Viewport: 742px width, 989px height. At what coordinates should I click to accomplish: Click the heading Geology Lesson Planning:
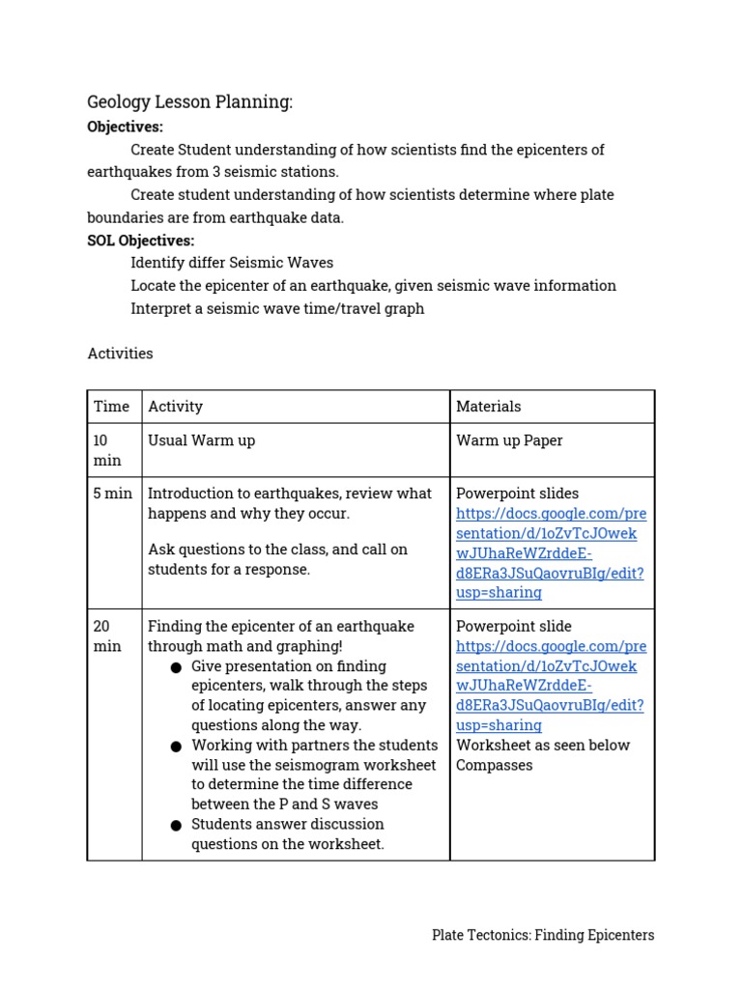pos(189,102)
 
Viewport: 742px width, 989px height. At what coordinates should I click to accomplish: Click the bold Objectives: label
pos(125,127)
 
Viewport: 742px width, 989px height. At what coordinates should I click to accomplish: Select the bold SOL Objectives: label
pos(140,240)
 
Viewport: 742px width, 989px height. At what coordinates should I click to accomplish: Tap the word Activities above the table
pos(120,353)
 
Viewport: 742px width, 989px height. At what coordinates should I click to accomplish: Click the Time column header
pos(111,407)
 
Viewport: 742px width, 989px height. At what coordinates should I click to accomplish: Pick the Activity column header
pos(175,407)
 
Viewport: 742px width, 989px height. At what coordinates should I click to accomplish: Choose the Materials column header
pos(488,407)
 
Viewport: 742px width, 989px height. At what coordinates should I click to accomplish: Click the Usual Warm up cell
pos(201,440)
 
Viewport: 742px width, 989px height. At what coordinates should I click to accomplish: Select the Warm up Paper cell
pos(509,440)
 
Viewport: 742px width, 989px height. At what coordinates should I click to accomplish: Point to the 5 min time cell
pos(112,494)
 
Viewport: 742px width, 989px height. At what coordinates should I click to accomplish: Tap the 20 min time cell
pos(107,636)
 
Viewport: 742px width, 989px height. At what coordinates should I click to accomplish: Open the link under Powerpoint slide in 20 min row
pos(550,686)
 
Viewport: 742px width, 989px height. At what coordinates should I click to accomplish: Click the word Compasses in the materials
pos(494,765)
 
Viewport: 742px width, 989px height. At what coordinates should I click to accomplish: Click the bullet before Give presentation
pos(176,667)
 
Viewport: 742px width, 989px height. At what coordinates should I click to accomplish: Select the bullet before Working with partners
pos(176,747)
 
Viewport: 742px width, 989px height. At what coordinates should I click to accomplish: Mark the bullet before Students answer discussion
pos(176,826)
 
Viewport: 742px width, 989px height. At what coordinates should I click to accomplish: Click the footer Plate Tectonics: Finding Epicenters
pos(543,935)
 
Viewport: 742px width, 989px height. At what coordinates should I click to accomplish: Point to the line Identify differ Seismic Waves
pos(232,263)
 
